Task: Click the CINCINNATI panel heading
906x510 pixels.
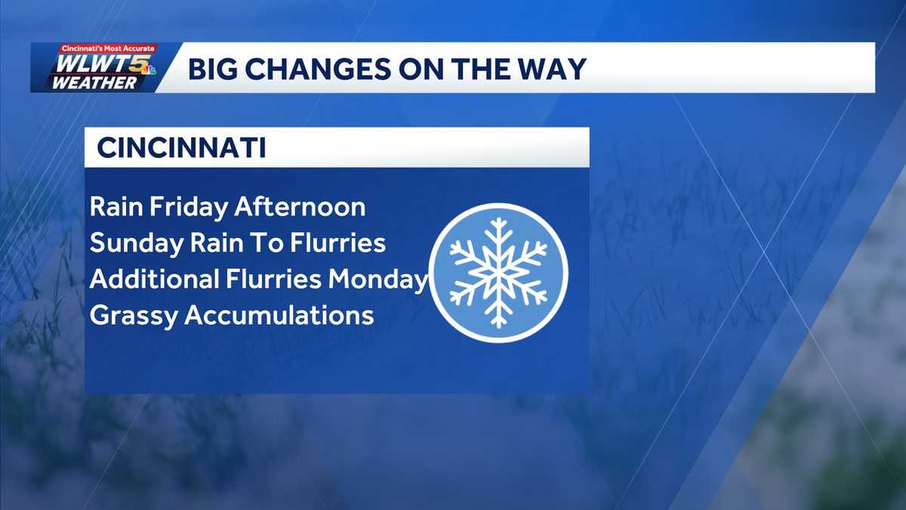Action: [181, 148]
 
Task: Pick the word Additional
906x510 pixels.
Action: [153, 280]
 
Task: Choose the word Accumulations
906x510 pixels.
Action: [279, 315]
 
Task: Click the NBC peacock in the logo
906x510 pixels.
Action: [149, 70]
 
